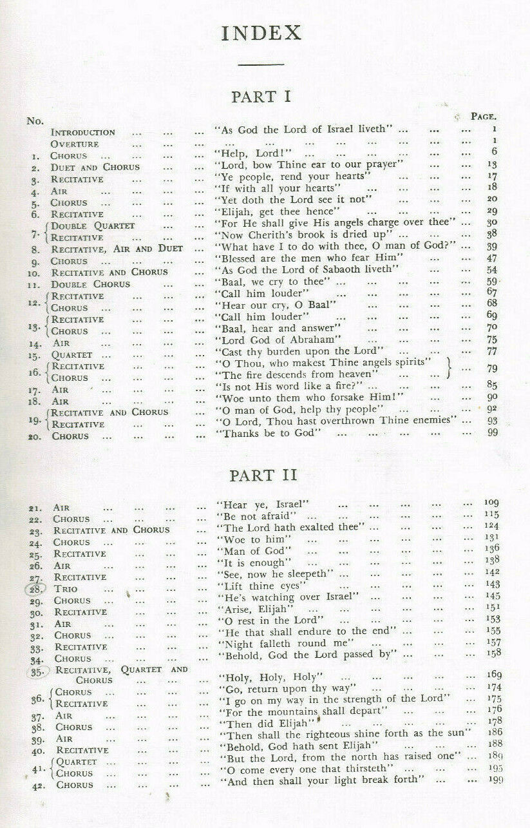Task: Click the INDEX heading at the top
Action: pos(261,34)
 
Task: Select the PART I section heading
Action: pos(261,97)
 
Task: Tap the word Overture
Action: pos(75,144)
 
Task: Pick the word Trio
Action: pos(64,589)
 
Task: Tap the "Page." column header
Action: pos(482,117)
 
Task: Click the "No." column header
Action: pos(35,120)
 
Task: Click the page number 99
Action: pos(493,432)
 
